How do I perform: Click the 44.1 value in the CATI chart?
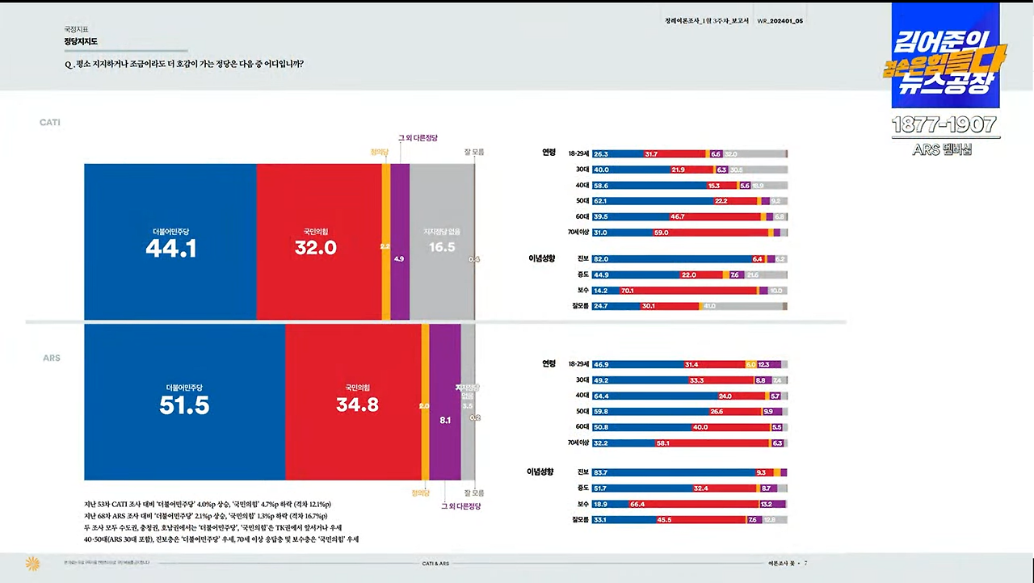point(170,249)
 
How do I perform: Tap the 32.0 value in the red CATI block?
point(315,249)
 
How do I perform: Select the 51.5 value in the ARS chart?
point(184,405)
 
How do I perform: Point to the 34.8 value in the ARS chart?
point(357,405)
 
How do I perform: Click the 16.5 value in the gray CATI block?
point(442,248)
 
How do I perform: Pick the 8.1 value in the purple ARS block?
point(445,421)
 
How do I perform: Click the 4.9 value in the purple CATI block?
point(399,259)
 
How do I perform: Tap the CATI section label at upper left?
point(50,123)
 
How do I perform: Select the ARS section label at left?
point(52,358)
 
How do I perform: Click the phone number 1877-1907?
point(945,125)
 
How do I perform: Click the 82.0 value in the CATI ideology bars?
point(600,259)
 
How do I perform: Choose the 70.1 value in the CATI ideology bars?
point(627,291)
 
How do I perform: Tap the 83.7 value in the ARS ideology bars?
point(600,472)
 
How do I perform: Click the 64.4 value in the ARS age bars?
point(600,396)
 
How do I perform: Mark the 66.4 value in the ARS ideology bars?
point(637,504)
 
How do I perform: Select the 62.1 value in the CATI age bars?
point(600,201)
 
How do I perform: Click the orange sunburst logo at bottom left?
point(32,563)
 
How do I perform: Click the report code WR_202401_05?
point(780,21)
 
